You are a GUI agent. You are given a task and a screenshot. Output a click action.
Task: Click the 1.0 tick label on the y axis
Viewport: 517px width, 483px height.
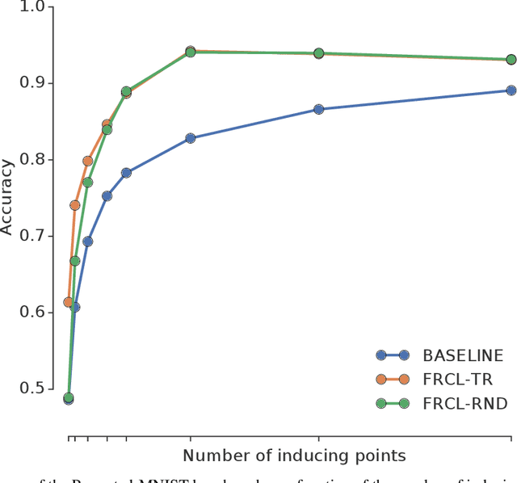38,7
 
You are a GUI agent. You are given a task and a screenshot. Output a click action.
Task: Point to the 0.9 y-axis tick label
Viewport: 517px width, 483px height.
38,83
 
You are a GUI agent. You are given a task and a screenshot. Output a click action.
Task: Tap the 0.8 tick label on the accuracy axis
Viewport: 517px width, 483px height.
38,160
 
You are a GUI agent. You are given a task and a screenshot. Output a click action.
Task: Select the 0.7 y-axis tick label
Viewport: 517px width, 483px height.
38,236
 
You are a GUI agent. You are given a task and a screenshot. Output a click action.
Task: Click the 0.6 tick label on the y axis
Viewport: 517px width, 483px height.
38,312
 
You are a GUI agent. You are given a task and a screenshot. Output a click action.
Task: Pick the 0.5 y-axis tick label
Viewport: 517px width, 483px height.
38,388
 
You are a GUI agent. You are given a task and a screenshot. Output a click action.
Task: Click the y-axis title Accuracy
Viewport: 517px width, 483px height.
8,197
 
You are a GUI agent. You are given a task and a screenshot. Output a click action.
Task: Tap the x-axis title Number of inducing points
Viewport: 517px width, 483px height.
294,456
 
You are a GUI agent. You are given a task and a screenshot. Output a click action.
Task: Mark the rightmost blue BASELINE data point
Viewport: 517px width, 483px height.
511,90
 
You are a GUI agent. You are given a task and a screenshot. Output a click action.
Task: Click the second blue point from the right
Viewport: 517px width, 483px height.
318,109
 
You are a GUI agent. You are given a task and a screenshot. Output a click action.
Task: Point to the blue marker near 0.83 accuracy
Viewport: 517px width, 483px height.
191,138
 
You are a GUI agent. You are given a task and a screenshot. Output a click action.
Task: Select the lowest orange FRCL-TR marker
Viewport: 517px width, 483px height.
68,302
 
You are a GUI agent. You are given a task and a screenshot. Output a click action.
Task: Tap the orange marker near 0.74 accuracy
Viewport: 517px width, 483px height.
75,205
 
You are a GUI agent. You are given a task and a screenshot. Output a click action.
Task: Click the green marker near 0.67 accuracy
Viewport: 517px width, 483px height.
75,261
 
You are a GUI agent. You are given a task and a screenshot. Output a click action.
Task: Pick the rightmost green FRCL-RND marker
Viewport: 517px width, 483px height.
511,60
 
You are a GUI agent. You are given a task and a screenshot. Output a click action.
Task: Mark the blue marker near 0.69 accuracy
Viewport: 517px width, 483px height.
87,241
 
